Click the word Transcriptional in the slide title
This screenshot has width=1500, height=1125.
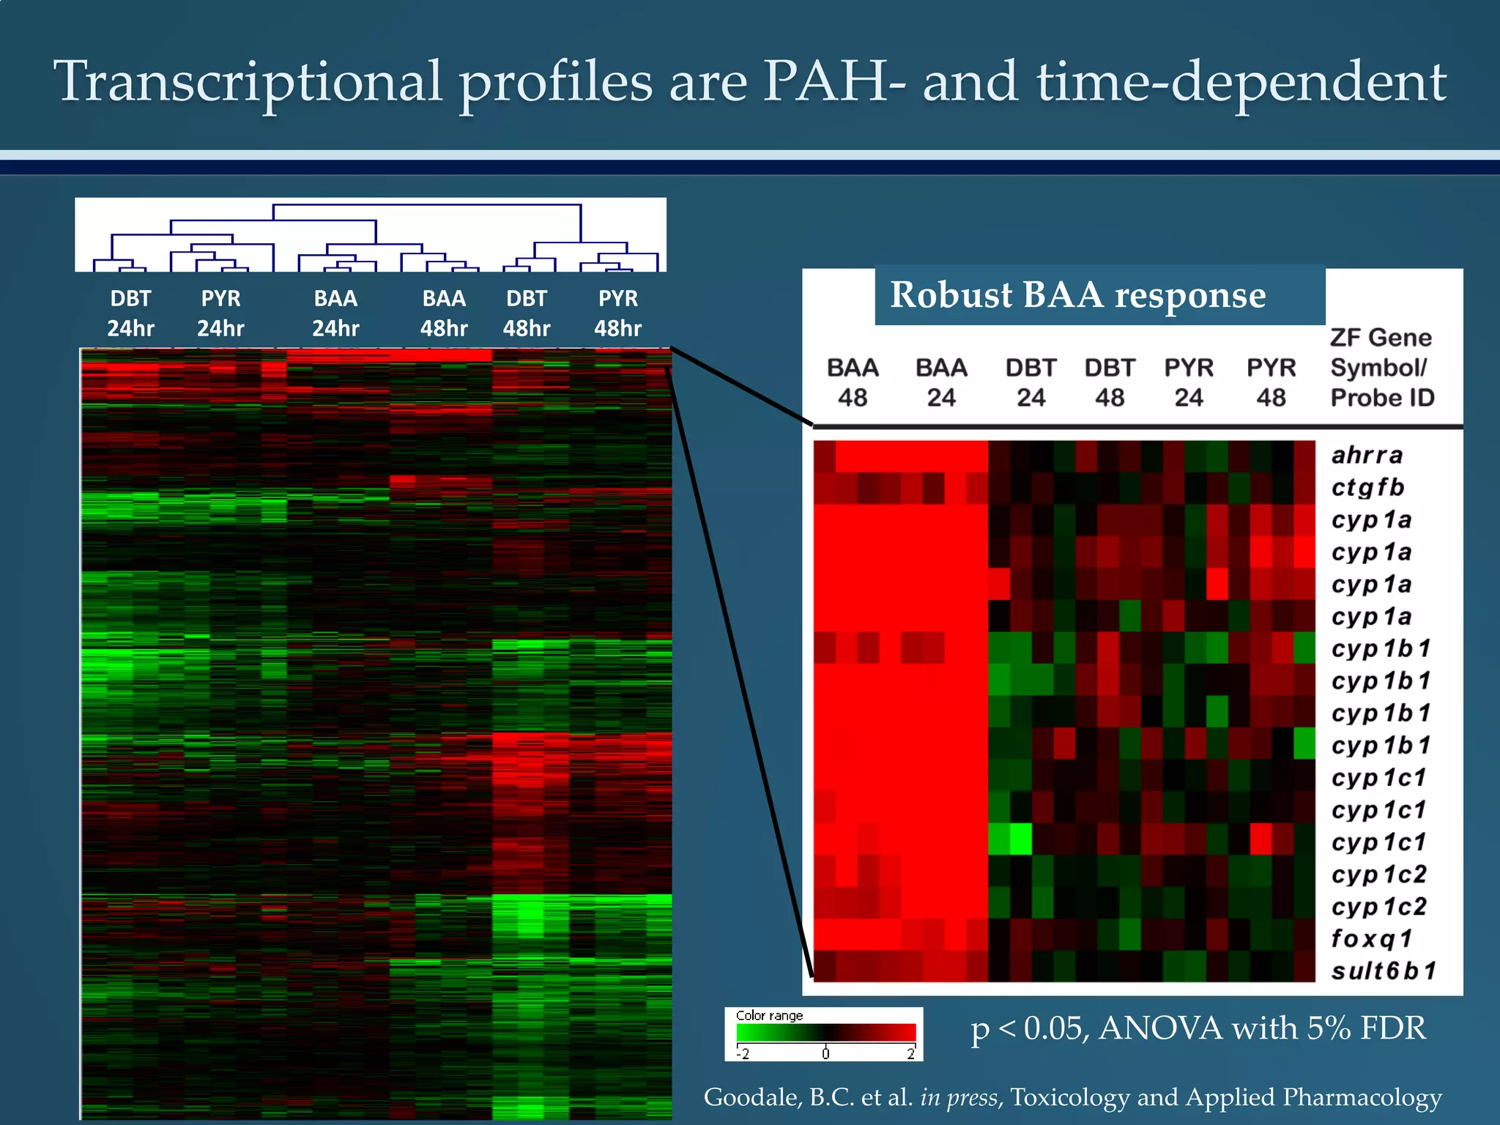point(248,82)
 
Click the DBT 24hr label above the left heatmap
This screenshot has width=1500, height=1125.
point(130,313)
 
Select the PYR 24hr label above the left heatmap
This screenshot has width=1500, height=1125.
point(220,313)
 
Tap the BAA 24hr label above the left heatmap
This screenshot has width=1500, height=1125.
point(335,313)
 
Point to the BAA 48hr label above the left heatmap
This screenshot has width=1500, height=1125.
point(444,313)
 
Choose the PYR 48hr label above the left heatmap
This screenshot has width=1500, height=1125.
point(617,313)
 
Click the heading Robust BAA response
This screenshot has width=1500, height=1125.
point(1077,295)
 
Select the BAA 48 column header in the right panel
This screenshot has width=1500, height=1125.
point(853,382)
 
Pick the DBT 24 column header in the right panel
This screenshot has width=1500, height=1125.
point(1031,382)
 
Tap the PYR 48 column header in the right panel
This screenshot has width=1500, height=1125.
point(1271,382)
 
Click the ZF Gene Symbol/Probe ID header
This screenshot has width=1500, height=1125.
point(1382,368)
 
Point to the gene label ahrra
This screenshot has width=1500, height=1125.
point(1367,455)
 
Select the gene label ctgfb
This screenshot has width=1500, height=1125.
point(1367,487)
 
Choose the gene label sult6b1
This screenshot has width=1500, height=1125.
point(1384,970)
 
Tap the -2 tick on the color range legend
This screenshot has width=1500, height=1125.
point(743,1054)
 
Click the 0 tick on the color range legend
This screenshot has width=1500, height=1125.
point(825,1054)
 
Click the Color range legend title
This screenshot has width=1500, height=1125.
point(769,1016)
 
